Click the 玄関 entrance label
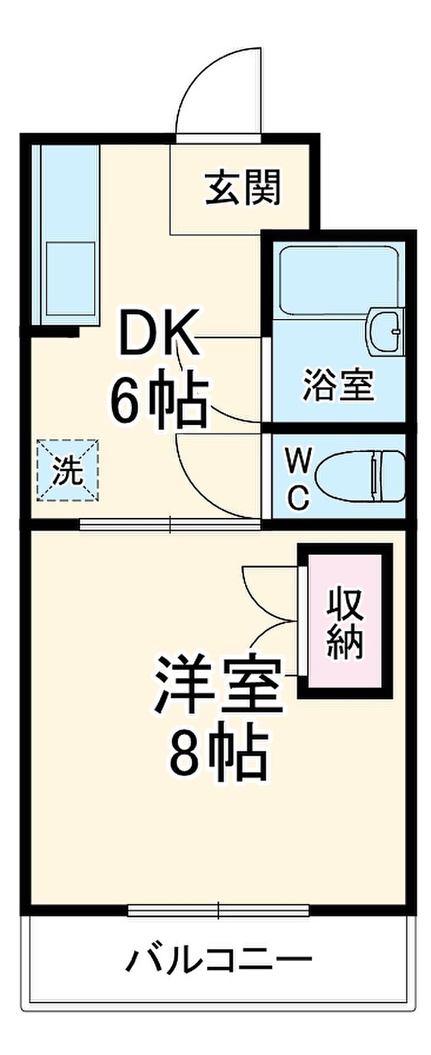(x=244, y=187)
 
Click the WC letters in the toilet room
(x=297, y=479)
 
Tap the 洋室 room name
(x=220, y=684)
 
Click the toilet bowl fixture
(x=360, y=477)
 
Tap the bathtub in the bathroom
(x=339, y=279)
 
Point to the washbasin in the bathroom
(x=386, y=331)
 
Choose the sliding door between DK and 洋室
(x=170, y=524)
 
